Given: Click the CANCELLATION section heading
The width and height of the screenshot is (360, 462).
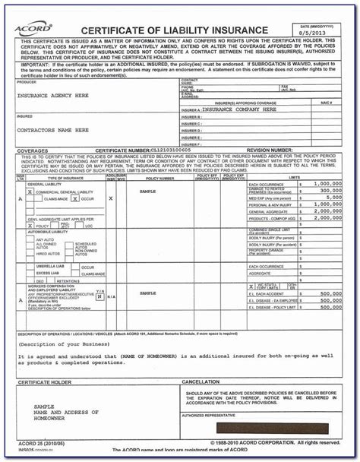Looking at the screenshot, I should coord(205,382).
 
